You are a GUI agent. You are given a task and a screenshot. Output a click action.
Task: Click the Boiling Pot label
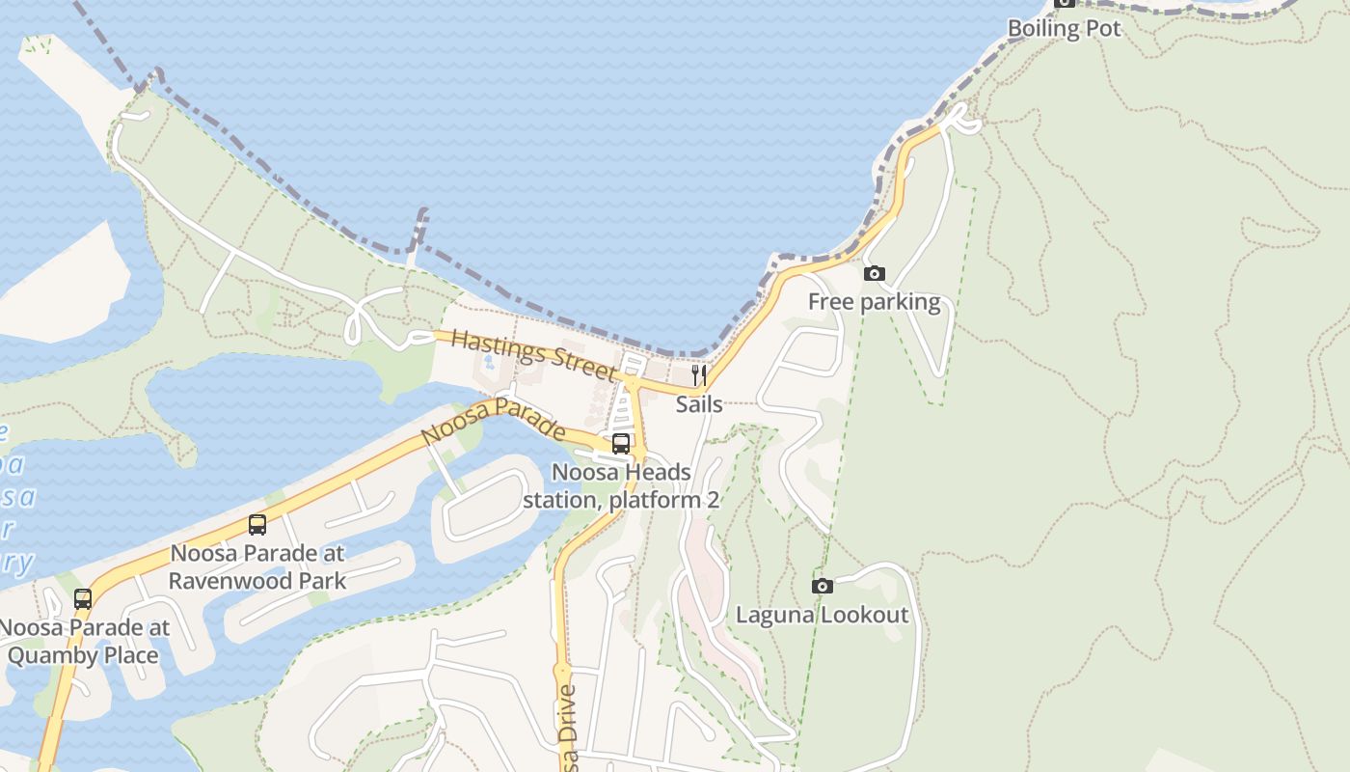pos(1064,29)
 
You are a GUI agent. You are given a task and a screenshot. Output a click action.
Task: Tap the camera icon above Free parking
pos(874,274)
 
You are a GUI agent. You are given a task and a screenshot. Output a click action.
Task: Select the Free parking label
pos(874,302)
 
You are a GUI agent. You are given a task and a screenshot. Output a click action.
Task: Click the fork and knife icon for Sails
pos(699,374)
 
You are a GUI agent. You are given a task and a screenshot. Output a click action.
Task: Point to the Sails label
pos(699,403)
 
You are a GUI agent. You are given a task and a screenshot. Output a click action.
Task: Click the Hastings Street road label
pos(532,354)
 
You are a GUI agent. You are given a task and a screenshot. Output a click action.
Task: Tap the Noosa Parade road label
pos(493,423)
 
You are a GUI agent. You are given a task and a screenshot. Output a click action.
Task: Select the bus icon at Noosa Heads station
pos(621,444)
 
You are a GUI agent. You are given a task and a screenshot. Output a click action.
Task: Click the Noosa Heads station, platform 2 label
pos(621,486)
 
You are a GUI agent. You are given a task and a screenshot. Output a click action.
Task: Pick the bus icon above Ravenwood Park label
pos(257,525)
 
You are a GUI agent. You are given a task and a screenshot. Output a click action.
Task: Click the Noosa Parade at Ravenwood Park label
pos(257,567)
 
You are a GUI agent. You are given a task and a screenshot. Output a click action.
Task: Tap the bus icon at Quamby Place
pos(83,598)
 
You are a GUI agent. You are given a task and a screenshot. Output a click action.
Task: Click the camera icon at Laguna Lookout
pos(822,586)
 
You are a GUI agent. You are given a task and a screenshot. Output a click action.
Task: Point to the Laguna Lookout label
pos(822,615)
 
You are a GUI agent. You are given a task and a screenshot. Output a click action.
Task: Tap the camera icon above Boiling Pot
pos(1064,3)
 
